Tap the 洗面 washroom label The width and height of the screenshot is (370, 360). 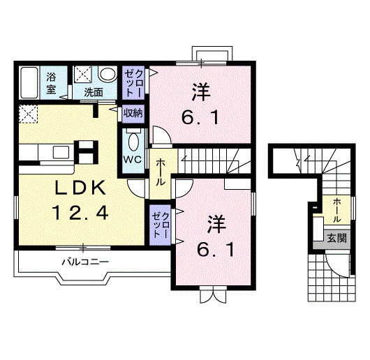(94, 91)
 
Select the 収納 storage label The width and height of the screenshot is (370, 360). (134, 111)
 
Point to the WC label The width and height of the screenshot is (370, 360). (133, 159)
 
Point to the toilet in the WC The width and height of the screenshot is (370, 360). (133, 140)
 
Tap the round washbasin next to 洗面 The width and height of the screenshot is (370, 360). (108, 74)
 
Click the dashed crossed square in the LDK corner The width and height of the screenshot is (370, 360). (27, 114)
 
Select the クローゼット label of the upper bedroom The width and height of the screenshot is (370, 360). (133, 81)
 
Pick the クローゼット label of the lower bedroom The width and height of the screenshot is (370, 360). (160, 223)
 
